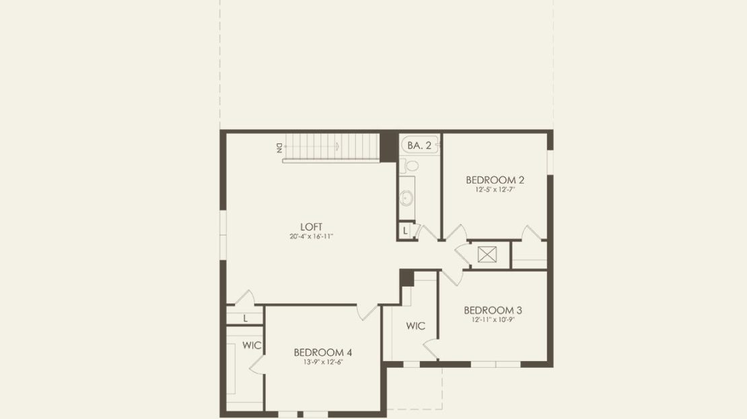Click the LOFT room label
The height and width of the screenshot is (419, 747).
point(311,227)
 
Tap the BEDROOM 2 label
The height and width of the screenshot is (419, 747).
point(495,180)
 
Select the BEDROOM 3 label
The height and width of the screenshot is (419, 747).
point(493,311)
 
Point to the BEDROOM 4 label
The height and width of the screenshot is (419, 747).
point(323,352)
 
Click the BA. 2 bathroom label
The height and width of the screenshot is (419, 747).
point(419,146)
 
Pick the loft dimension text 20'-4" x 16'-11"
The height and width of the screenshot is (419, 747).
point(311,236)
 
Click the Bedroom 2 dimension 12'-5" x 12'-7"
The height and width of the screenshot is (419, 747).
point(495,190)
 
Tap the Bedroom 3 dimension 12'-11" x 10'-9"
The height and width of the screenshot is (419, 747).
point(493,320)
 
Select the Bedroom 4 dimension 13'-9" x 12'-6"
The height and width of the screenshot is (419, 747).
point(323,362)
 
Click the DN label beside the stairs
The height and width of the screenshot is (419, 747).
point(279,148)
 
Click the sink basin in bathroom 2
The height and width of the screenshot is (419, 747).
point(406,198)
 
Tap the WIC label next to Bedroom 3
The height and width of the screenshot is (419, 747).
point(415,326)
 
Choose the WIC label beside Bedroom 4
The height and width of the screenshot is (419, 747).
point(252,345)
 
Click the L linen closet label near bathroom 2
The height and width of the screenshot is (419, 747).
point(405,231)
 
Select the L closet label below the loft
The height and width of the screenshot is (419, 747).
point(246,319)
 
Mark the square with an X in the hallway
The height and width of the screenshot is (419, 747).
point(487,255)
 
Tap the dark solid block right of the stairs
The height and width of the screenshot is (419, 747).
point(389,147)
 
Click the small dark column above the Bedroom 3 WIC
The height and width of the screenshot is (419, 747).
point(407,278)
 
